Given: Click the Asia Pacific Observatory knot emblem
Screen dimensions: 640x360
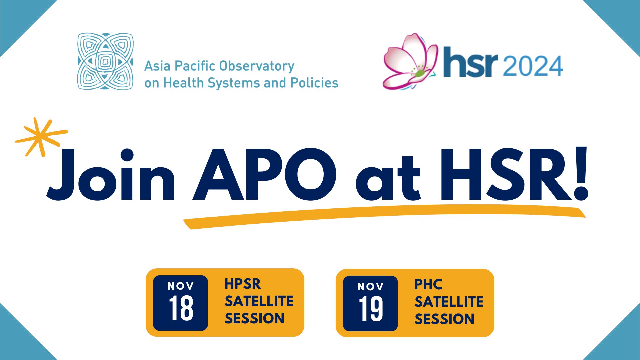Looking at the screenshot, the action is point(105,61).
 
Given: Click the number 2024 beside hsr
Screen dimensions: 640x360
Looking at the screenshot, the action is point(533,66).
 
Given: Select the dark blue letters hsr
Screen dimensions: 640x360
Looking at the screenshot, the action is point(471,62).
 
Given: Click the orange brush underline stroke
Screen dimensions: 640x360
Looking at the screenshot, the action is point(384,216).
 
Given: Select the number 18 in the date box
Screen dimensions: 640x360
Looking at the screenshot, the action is point(181,309).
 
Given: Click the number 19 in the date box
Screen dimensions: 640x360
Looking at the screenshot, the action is point(371,309).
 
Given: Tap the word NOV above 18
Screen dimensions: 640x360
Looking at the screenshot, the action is point(181,286).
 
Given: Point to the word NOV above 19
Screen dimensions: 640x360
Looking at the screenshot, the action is point(371,287).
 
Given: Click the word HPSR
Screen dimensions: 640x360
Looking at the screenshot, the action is point(243,284).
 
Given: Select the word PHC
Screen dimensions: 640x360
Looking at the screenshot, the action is point(428,285).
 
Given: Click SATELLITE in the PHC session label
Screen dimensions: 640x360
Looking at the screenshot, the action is point(449,302).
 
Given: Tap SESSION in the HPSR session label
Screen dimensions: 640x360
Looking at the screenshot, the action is point(255,318).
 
